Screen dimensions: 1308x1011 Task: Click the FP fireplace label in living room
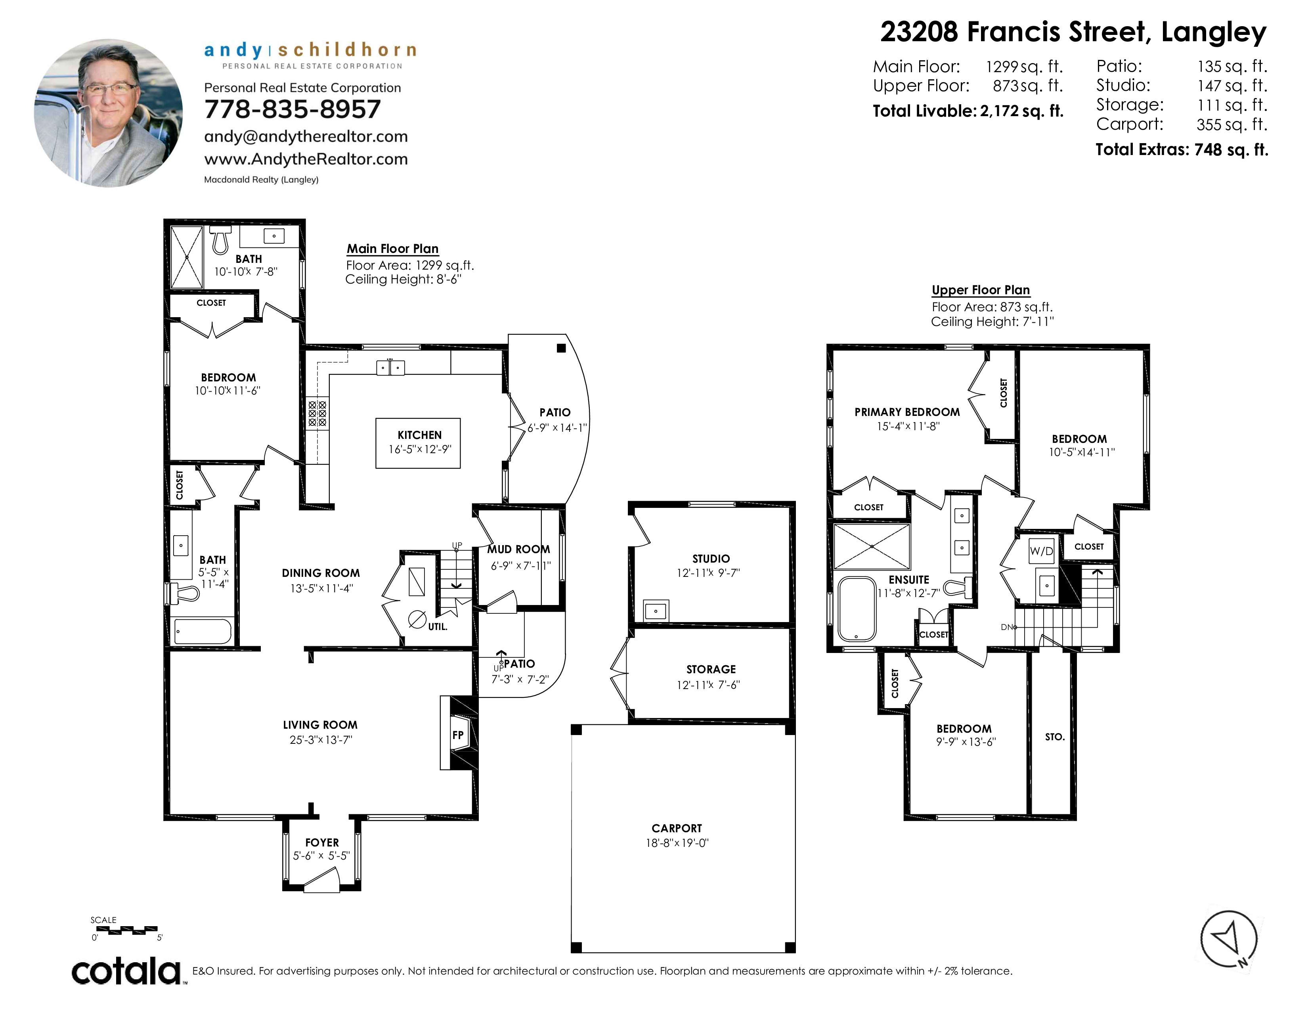(x=457, y=735)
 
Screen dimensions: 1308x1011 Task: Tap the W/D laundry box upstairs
(x=1041, y=551)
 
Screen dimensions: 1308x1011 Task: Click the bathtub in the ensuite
(x=857, y=609)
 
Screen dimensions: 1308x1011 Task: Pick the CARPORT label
(x=677, y=828)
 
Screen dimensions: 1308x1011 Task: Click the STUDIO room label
(x=711, y=559)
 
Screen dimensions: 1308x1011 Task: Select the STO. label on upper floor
(x=1055, y=737)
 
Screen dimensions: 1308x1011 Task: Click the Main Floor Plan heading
(x=392, y=249)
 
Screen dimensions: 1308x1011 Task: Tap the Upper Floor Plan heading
(x=980, y=290)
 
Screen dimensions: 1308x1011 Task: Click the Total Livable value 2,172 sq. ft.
(x=1022, y=111)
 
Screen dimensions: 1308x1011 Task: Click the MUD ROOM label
(x=519, y=549)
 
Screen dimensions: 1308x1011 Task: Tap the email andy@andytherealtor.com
(x=306, y=136)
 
